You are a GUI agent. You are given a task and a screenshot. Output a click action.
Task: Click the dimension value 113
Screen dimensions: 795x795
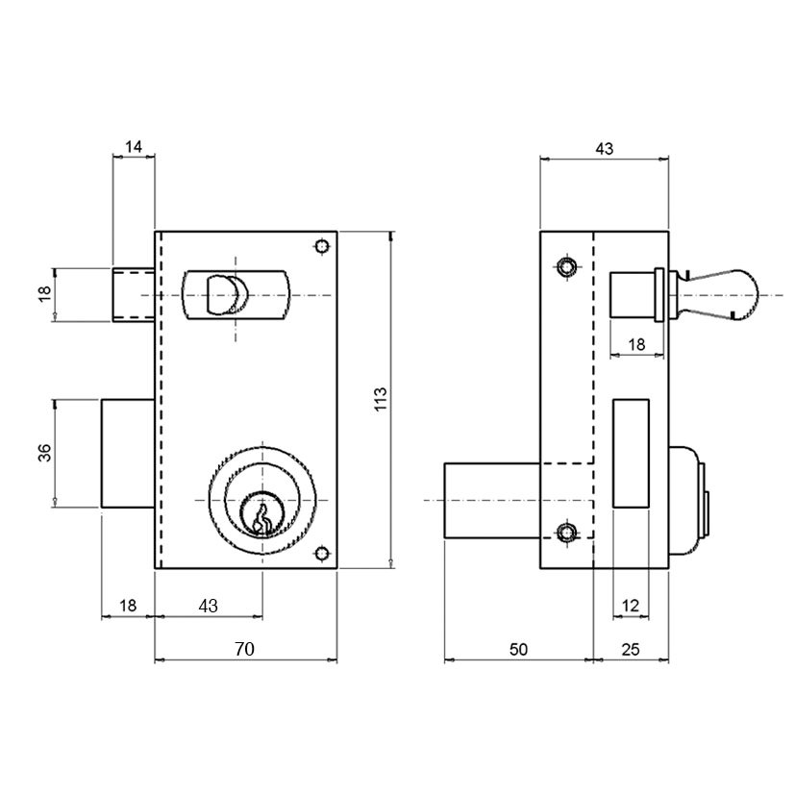(x=381, y=399)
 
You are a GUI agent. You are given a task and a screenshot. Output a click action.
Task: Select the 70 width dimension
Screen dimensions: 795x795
(x=244, y=649)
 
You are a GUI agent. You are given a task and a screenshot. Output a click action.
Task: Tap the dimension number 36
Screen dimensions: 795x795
(x=45, y=453)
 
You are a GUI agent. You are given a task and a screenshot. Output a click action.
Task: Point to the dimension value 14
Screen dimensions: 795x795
(x=134, y=147)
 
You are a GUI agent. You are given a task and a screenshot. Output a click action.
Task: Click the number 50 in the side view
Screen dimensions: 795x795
(x=518, y=649)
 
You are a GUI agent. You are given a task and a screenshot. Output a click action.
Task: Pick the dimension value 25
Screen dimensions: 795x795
(x=631, y=649)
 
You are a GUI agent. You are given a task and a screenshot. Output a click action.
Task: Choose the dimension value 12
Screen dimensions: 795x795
(x=631, y=606)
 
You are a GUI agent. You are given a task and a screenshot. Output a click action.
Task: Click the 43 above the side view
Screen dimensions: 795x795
(x=604, y=149)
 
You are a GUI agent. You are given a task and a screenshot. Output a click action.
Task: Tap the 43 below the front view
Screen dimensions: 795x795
(x=208, y=606)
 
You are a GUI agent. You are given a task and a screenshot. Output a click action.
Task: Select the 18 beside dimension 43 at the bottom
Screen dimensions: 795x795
(x=128, y=606)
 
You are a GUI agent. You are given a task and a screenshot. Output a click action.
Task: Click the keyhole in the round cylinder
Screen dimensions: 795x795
(x=261, y=518)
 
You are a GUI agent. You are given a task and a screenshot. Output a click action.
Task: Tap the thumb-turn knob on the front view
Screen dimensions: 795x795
(x=227, y=295)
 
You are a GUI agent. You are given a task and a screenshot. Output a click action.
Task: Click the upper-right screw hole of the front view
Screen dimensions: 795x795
(x=321, y=247)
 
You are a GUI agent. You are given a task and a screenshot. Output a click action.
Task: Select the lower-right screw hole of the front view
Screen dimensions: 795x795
(x=321, y=553)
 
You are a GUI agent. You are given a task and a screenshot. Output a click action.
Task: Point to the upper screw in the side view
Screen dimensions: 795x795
(x=566, y=266)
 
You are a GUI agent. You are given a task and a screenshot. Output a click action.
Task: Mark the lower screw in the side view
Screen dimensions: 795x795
(x=566, y=533)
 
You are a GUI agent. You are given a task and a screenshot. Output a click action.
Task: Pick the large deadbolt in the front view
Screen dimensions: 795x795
(x=128, y=454)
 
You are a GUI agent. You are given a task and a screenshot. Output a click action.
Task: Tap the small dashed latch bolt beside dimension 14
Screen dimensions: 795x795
(x=134, y=295)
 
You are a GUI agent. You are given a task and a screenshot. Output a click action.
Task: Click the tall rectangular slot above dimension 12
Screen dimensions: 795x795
(x=632, y=454)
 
